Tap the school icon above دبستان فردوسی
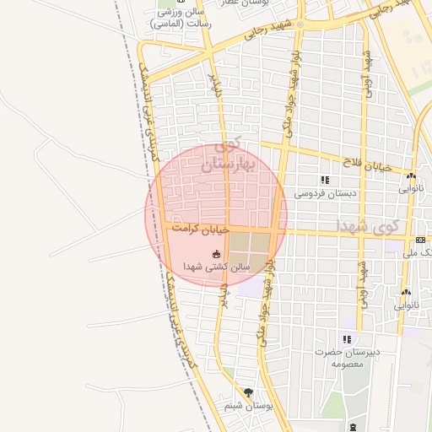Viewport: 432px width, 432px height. pos(325,180)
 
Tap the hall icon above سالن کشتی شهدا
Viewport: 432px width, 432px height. pos(217,254)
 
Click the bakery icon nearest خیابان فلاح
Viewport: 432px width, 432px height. pos(411,176)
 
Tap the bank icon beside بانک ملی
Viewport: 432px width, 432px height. pos(420,240)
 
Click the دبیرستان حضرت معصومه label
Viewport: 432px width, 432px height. pos(348,357)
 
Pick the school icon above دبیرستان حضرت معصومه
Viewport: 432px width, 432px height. pos(347,339)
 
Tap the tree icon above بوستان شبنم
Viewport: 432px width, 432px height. pos(248,392)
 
